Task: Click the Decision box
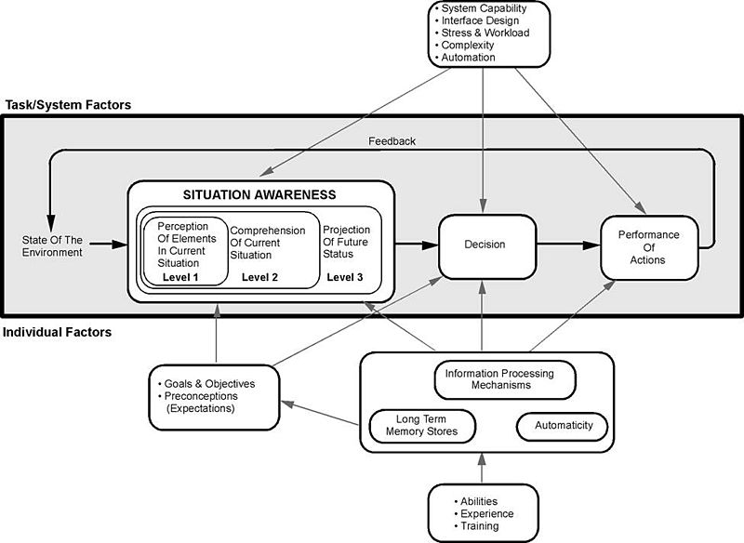(x=485, y=245)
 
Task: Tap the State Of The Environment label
(x=52, y=245)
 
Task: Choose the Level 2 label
(x=261, y=277)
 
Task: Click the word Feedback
(x=391, y=141)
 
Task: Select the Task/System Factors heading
(x=68, y=105)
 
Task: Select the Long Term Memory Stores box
(x=423, y=426)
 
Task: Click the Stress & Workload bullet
(x=484, y=33)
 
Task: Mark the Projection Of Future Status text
(x=346, y=242)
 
